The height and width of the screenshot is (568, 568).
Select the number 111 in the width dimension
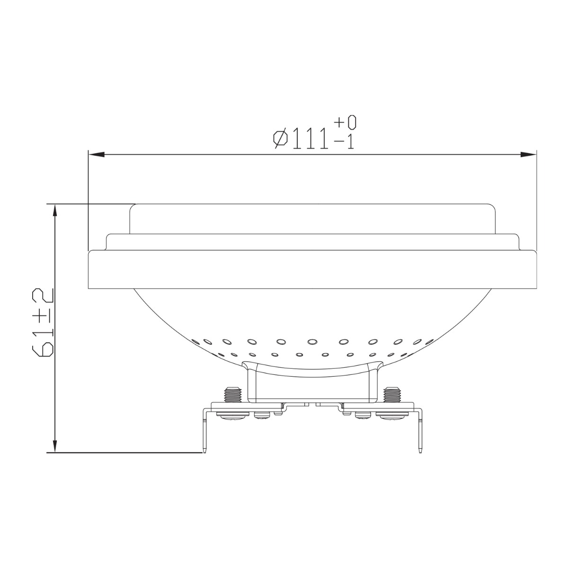(x=310, y=139)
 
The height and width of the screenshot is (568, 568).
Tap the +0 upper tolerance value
(x=346, y=123)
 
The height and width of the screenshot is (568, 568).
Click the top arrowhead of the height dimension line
(x=55, y=211)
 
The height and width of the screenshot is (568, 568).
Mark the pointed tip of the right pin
(x=419, y=452)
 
